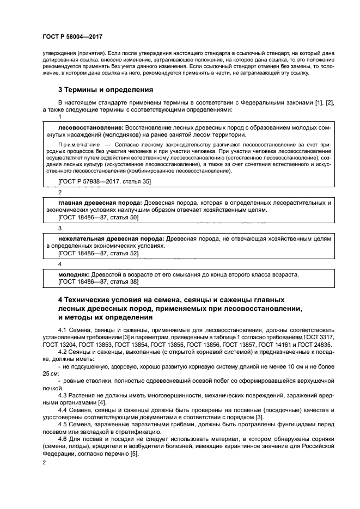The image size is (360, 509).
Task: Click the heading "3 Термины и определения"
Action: (105, 89)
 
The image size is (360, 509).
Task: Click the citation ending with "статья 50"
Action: (98, 217)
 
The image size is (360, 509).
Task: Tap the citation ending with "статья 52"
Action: (98, 253)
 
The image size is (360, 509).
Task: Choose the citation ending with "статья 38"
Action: (98, 282)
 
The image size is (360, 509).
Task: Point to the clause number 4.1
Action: (63, 330)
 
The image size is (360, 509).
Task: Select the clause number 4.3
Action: (63, 394)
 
